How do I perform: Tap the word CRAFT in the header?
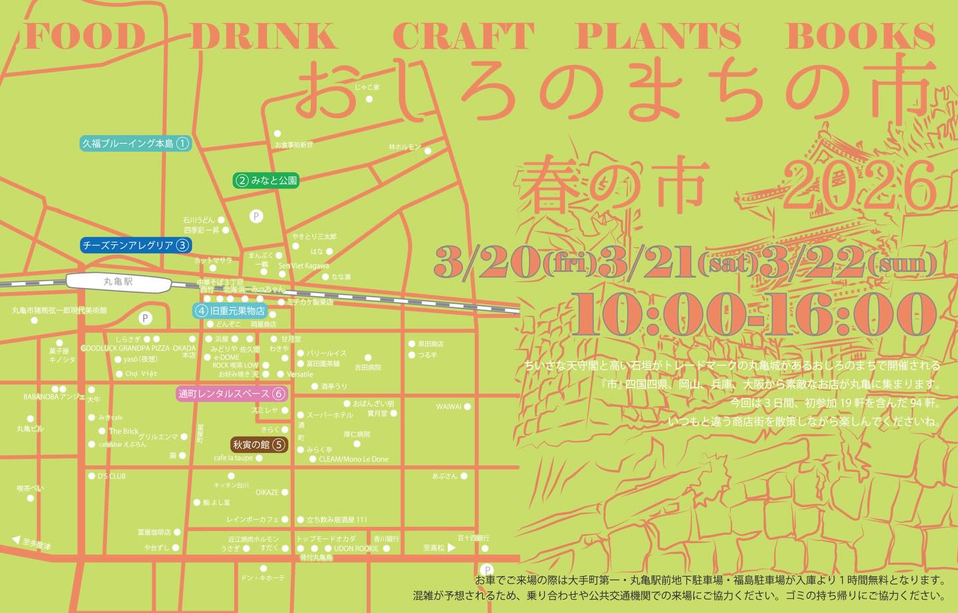coord(463,37)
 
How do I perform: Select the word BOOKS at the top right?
coord(860,37)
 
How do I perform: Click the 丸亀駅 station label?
coord(118,282)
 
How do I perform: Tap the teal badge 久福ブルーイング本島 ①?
coord(135,143)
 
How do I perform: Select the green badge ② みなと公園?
coord(266,180)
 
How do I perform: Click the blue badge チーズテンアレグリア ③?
coord(135,245)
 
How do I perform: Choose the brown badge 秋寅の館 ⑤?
coord(259,445)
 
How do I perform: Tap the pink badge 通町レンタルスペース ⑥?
coord(232,393)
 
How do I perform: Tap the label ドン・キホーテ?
coord(263,578)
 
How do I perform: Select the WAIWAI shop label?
coord(448,407)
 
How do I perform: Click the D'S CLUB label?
coord(111,476)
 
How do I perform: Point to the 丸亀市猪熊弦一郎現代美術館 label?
coord(59,310)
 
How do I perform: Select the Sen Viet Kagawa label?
coord(303,266)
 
